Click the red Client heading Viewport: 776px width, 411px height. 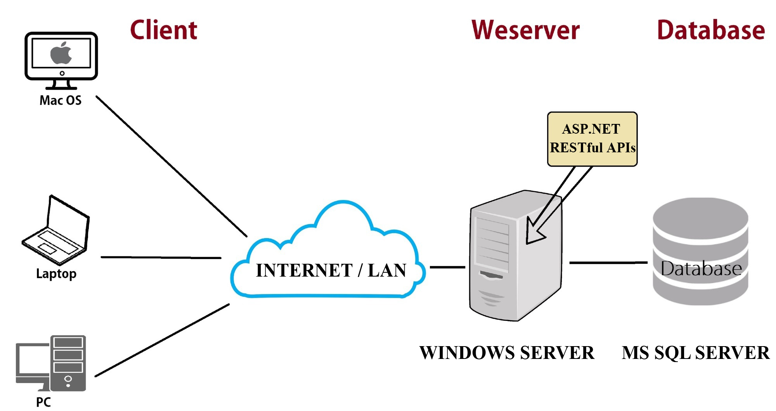(x=163, y=30)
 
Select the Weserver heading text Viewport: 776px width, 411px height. (x=525, y=30)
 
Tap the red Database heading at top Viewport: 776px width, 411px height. (x=710, y=30)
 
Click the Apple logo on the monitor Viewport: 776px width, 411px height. (x=61, y=54)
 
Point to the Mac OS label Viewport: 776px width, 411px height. (x=61, y=100)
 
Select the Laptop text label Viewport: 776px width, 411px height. (x=56, y=273)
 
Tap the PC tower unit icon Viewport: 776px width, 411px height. (x=68, y=363)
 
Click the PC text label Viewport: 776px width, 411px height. (x=43, y=402)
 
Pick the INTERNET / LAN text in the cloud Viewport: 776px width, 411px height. (x=331, y=270)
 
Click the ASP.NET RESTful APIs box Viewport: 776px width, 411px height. (x=592, y=139)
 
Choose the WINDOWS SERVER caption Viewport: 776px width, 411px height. (x=507, y=353)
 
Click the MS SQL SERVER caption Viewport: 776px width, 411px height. (x=695, y=353)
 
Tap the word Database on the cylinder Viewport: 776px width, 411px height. (x=701, y=268)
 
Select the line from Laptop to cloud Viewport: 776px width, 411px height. (x=161, y=257)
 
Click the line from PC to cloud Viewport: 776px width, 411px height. (x=162, y=340)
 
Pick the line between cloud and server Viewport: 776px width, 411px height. (x=447, y=267)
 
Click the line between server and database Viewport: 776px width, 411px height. (x=608, y=263)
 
